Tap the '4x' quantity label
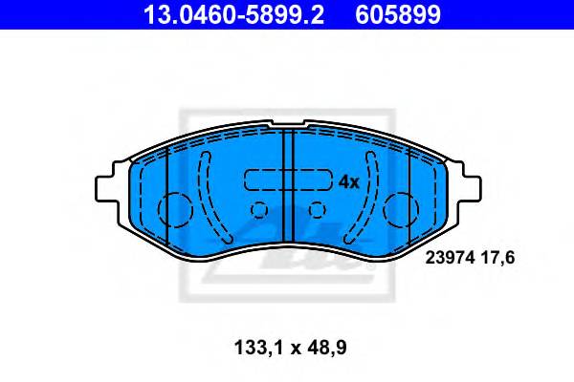coord(348,180)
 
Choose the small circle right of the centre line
coord(317,211)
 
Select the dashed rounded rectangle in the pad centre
coord(287,180)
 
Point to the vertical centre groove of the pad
coord(288,191)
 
